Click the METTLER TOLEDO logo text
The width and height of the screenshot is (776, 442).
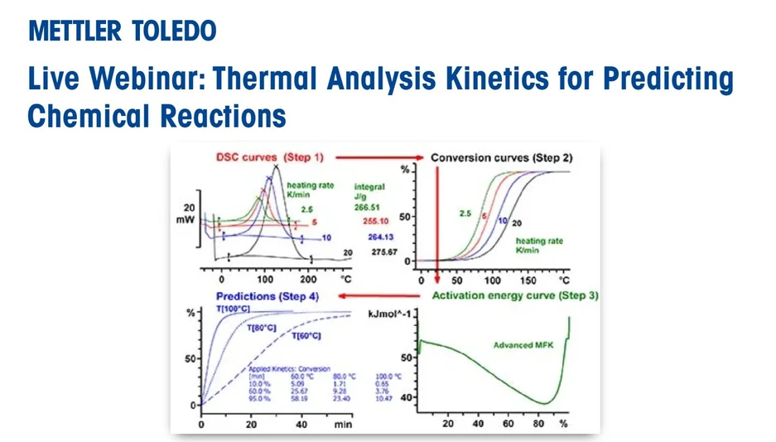[123, 31]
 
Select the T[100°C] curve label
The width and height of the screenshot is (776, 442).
[233, 309]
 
